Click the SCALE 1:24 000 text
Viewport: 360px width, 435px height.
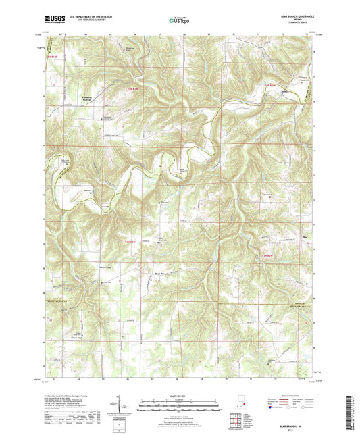pyautogui.click(x=180, y=395)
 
